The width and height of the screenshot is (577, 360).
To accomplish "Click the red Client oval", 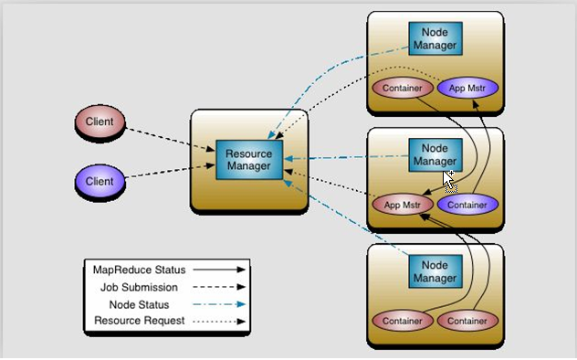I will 100,122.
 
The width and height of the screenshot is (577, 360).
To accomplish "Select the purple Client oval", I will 100,180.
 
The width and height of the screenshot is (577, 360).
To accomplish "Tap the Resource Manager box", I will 248,160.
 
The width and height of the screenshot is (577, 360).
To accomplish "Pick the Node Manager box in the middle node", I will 435,154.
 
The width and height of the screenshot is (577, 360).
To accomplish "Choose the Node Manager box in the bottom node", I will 435,270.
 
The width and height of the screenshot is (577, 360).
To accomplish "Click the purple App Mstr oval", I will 468,88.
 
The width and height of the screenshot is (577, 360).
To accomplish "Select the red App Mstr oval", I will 402,204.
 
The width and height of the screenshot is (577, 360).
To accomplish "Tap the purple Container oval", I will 468,204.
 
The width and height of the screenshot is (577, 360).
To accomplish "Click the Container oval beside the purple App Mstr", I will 402,88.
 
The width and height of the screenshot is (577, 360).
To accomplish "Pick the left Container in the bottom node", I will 402,321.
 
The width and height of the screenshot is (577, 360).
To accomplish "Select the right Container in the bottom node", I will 468,321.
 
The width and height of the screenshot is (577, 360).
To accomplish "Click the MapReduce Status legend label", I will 139,270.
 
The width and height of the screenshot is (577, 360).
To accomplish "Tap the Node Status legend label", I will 140,304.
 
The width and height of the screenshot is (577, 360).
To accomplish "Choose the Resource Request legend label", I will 140,322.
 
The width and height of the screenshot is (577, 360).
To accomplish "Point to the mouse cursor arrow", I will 449,179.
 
